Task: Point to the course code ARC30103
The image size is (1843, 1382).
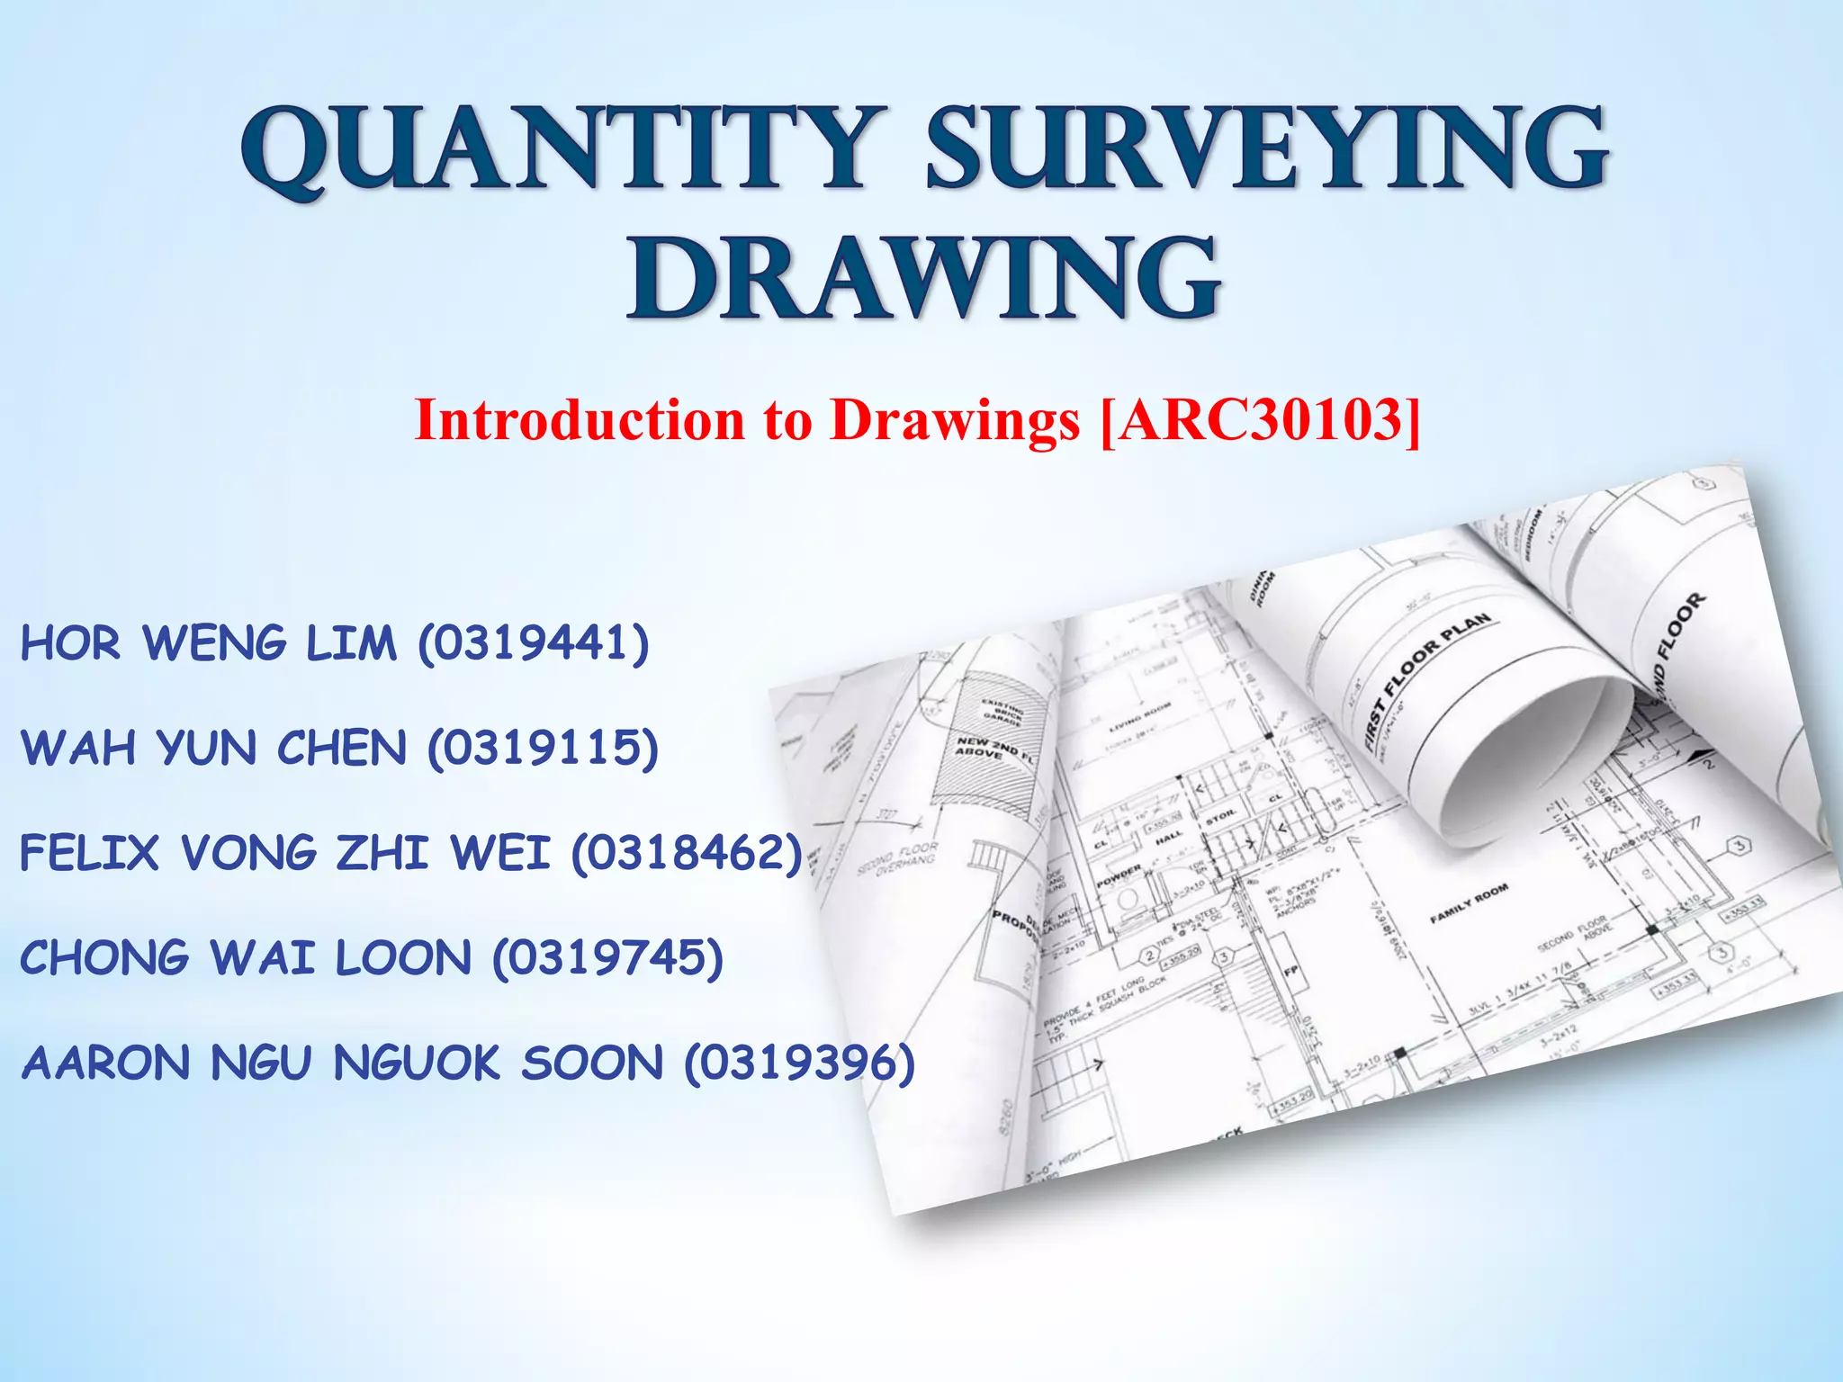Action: pos(1261,419)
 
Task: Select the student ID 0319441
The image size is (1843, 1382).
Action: pos(533,643)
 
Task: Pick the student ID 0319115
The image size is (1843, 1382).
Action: pos(543,749)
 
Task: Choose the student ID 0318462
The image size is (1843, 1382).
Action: pos(686,853)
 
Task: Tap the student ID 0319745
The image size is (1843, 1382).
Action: pos(607,957)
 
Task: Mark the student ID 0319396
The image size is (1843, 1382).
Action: pos(799,1063)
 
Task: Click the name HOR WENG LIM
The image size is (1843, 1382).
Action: pos(208,643)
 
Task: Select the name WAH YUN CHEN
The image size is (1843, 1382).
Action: pos(213,749)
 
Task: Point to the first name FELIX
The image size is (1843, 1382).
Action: pos(89,853)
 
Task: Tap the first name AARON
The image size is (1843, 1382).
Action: pos(105,1063)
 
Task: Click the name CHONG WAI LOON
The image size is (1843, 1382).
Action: pos(245,957)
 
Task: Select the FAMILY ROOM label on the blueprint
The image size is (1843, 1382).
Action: pos(1469,903)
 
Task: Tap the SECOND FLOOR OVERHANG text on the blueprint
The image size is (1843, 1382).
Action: pos(898,859)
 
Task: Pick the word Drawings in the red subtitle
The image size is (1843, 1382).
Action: pos(954,419)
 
